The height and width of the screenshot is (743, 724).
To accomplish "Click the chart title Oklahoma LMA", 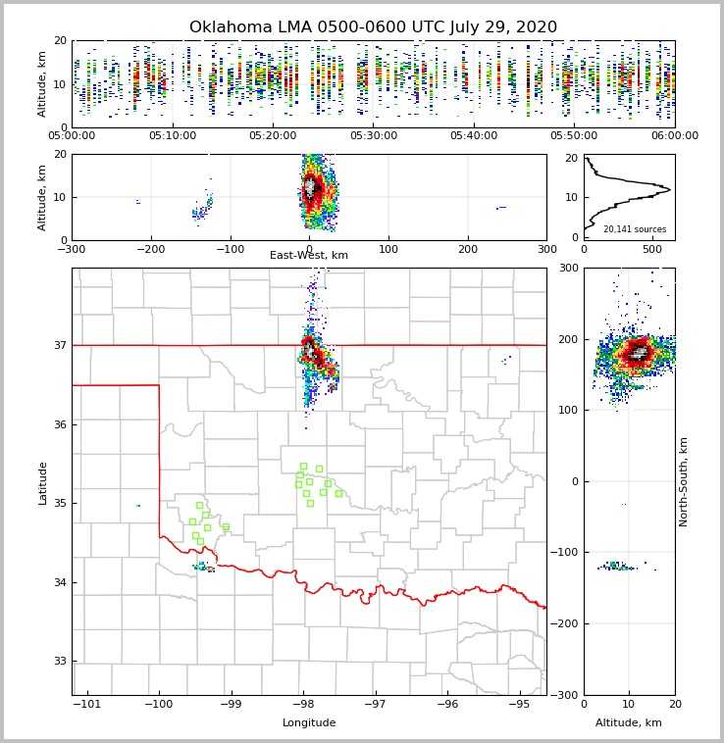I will coord(373,27).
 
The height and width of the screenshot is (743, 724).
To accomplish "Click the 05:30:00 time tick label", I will coord(373,136).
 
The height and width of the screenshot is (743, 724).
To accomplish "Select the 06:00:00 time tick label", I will coord(674,136).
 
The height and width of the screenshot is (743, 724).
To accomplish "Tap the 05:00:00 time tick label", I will coord(73,136).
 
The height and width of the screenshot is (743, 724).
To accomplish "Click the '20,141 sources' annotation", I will coord(634,229).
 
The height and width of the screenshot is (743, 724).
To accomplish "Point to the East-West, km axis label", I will coord(309,256).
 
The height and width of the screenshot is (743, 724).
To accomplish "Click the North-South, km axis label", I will coord(684,481).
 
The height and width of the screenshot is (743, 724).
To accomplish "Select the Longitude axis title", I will coord(309,723).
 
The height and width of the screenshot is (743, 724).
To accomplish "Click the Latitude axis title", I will coord(42,482).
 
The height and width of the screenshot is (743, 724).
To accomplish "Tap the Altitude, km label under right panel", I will coord(629,723).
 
